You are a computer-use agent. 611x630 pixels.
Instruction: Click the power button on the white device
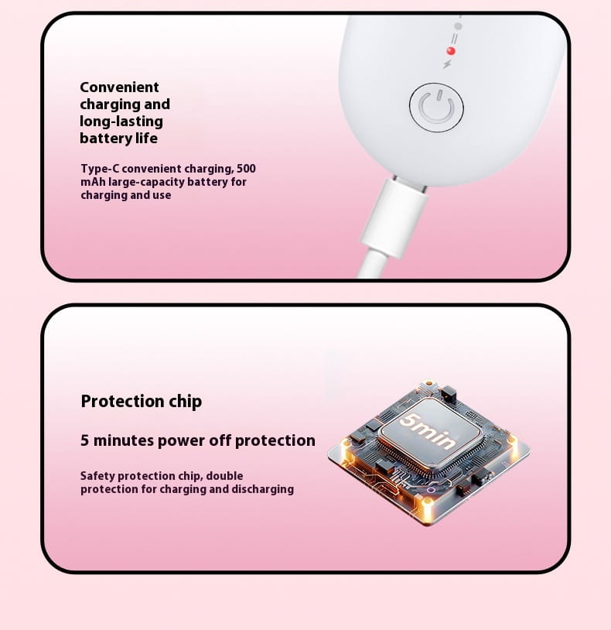point(436,108)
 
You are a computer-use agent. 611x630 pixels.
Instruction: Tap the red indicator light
point(451,51)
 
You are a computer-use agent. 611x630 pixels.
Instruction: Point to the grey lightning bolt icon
point(447,64)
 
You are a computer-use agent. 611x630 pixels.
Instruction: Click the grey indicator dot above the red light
point(458,26)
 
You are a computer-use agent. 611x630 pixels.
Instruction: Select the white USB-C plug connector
point(394,217)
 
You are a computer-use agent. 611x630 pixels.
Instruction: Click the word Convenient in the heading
point(119,87)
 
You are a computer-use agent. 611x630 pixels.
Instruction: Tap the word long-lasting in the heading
point(121,122)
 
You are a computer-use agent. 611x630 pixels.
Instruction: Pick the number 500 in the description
point(246,169)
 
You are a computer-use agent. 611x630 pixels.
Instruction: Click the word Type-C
point(100,169)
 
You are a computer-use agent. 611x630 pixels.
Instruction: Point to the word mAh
point(93,182)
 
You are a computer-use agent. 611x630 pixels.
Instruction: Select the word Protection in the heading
point(122,402)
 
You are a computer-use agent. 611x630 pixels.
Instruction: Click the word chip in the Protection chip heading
point(185,402)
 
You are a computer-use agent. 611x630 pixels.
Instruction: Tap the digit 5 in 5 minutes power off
point(84,440)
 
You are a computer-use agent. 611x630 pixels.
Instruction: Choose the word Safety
point(97,476)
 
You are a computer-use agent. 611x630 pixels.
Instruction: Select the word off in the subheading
point(220,440)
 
